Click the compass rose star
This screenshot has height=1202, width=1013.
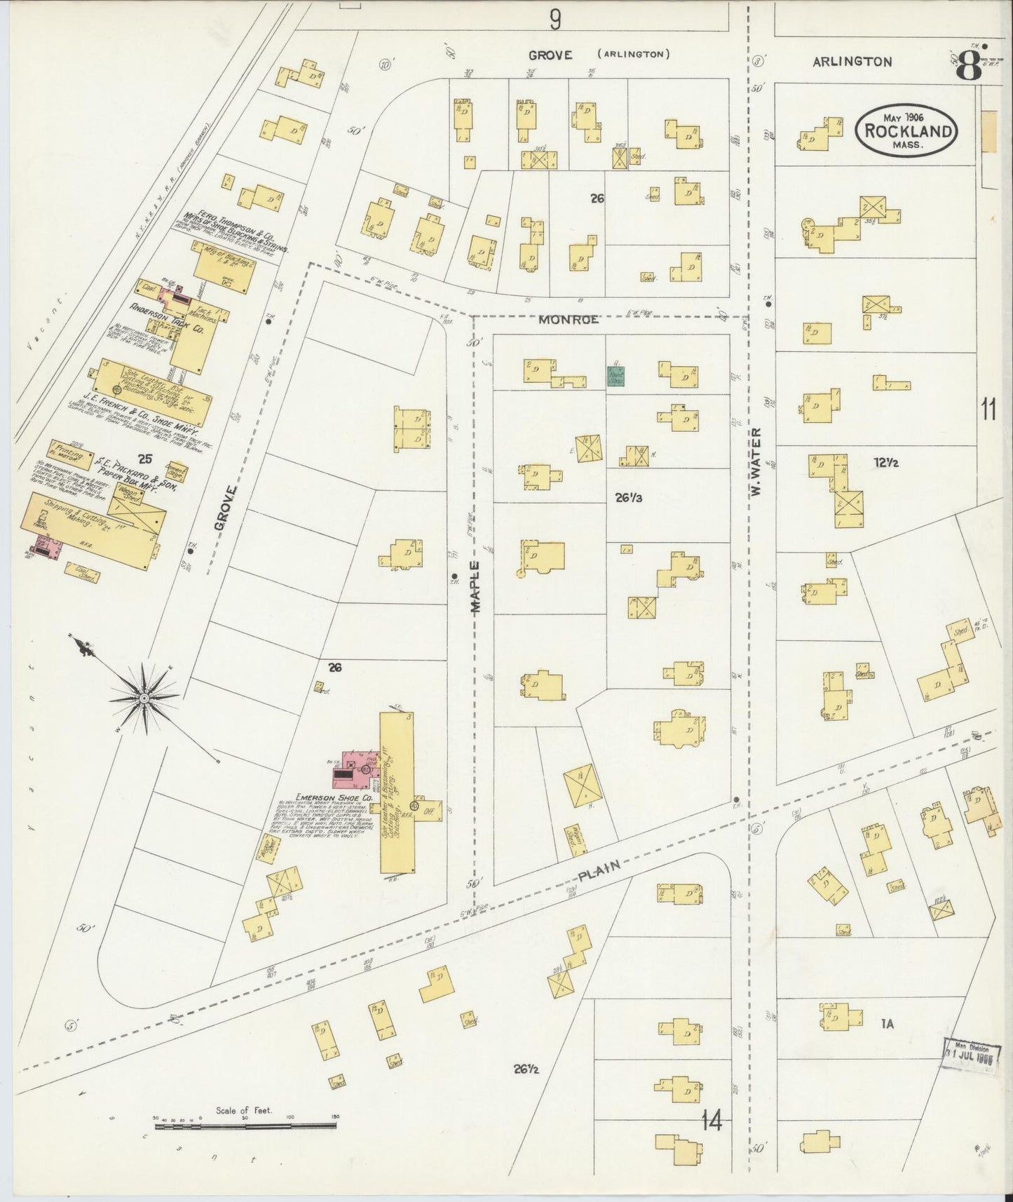point(144,698)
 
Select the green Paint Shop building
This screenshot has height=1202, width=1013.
point(616,376)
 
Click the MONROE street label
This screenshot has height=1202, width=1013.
point(569,320)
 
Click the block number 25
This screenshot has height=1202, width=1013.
point(145,459)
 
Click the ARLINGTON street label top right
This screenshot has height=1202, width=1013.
point(852,62)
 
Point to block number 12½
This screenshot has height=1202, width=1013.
point(886,463)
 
